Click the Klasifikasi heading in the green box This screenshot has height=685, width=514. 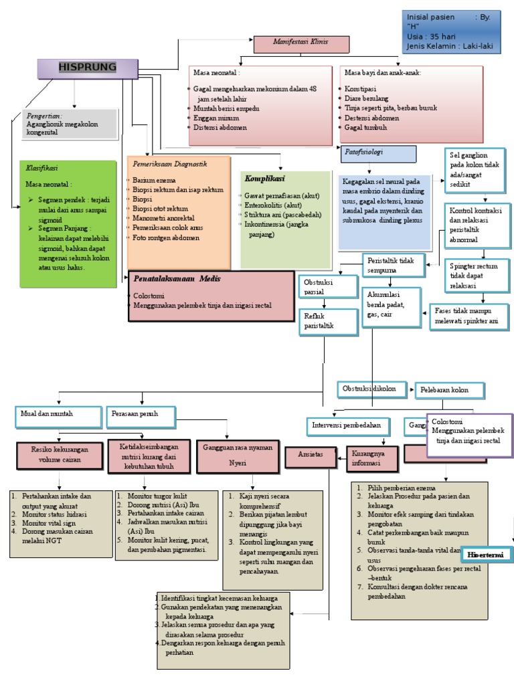41,169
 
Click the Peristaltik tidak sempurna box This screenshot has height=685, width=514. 393,264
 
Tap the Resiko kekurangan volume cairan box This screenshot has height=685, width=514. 59,456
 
